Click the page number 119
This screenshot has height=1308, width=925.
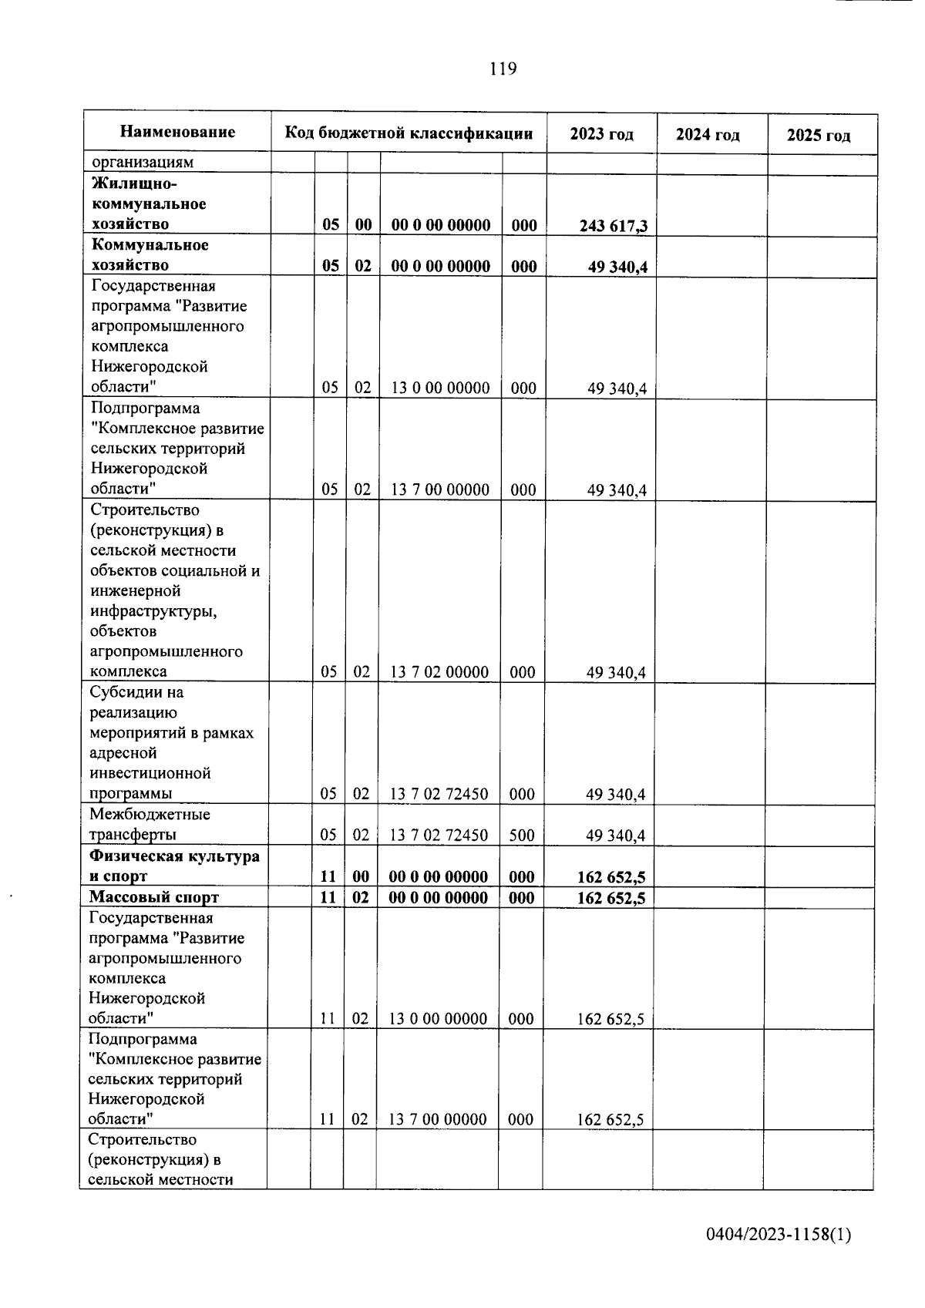[x=503, y=69]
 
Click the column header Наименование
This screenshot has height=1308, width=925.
[x=177, y=132]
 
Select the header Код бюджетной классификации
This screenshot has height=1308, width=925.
[x=409, y=133]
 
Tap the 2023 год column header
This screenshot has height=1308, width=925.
[x=601, y=134]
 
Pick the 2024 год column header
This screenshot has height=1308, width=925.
[x=708, y=135]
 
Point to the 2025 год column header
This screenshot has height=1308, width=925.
[x=819, y=136]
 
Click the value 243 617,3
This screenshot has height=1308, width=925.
[x=614, y=226]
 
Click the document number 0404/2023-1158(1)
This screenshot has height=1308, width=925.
[x=779, y=1235]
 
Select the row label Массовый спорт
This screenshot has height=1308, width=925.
[x=153, y=897]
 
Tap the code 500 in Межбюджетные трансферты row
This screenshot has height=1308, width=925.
[x=522, y=836]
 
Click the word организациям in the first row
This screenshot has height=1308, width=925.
[x=143, y=163]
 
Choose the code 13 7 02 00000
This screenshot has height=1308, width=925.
[x=439, y=672]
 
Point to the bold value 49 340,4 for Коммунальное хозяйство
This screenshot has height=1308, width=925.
[x=617, y=267]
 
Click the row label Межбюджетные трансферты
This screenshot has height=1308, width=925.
[x=150, y=825]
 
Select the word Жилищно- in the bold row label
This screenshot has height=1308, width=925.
[x=134, y=184]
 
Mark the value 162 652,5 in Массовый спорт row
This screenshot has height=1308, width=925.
[x=610, y=898]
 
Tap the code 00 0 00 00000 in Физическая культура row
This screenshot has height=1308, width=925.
[x=438, y=877]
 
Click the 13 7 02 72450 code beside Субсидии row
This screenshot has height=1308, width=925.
[x=439, y=794]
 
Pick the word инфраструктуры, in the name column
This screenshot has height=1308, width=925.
[x=153, y=611]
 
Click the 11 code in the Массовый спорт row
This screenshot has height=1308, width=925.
[x=328, y=898]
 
